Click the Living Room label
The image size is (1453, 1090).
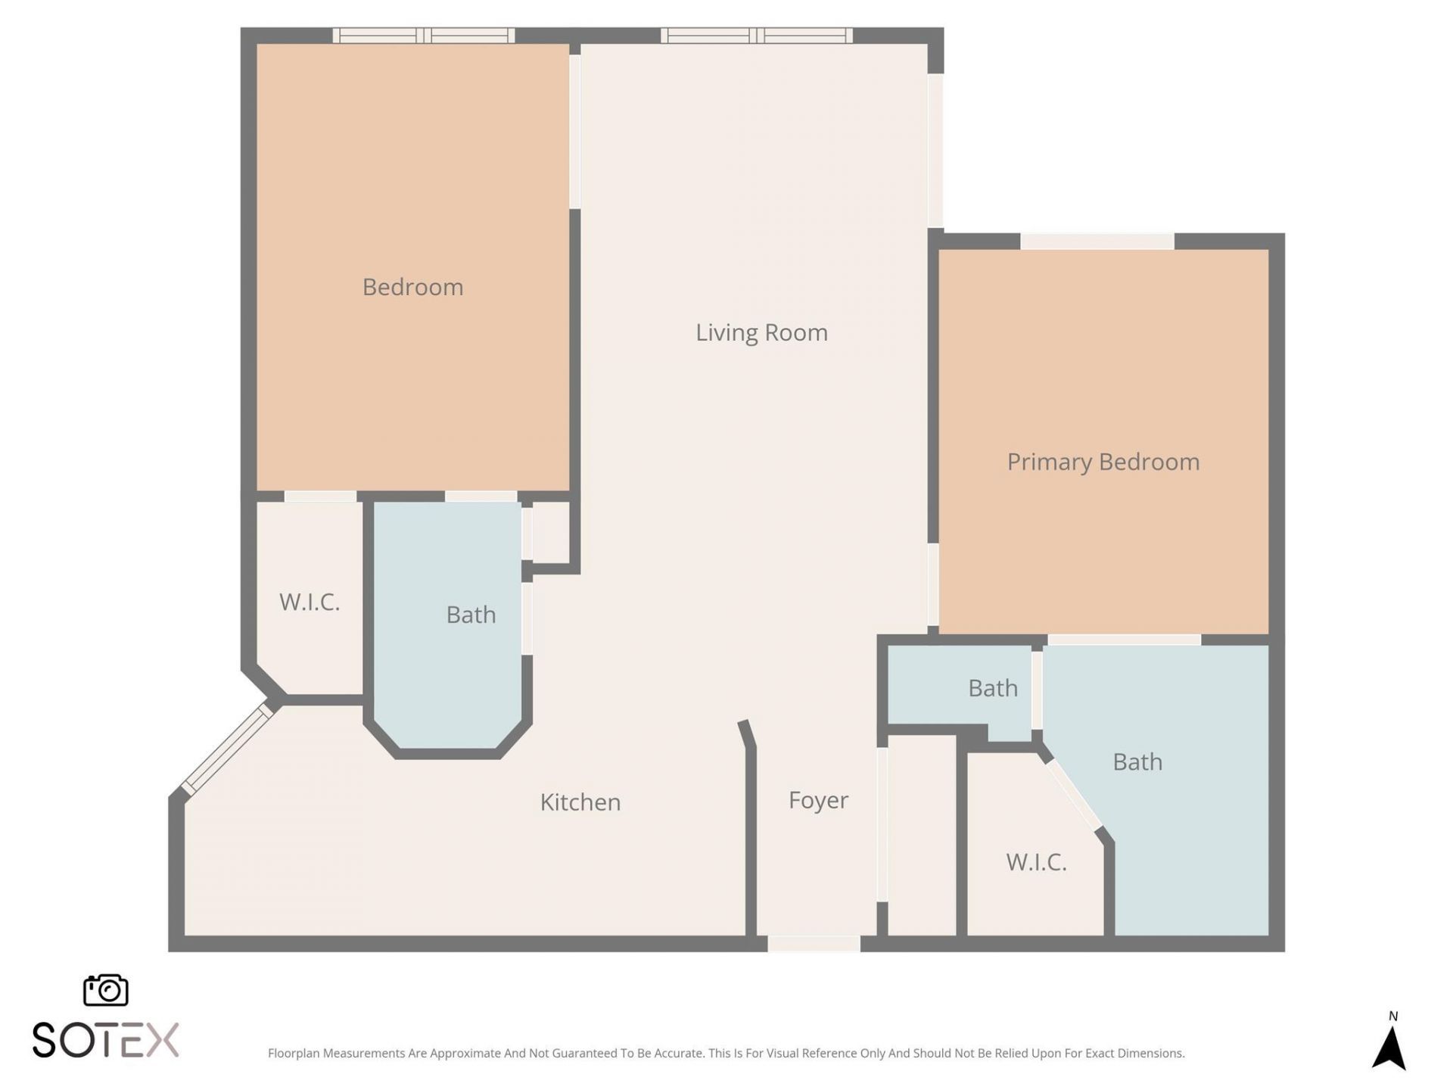click(761, 332)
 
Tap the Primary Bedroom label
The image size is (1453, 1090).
click(1103, 462)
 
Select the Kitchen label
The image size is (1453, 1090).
click(580, 802)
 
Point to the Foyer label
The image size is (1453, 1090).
click(818, 800)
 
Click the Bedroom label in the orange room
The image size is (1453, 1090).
click(412, 287)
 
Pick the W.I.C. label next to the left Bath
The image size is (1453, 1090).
click(310, 603)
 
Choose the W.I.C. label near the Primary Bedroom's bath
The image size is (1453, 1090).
click(1036, 862)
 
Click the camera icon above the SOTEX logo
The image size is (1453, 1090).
click(105, 990)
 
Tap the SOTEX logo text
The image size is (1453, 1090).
click(105, 1040)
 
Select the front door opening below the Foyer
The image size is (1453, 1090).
click(814, 944)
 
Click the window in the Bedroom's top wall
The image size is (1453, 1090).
click(424, 35)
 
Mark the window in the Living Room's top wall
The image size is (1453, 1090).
click(757, 35)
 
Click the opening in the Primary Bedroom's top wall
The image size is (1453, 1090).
click(1097, 241)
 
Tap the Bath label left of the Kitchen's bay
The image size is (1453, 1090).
click(471, 615)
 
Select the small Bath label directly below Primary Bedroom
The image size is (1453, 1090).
click(993, 688)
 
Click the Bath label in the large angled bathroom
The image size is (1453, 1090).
click(1137, 761)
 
